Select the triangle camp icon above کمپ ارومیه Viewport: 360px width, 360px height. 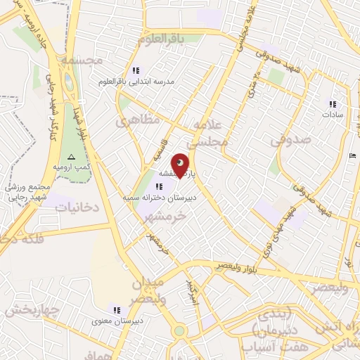pyautogui.click(x=70, y=156)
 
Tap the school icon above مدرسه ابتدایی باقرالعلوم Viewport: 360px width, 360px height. pyautogui.click(x=136, y=70)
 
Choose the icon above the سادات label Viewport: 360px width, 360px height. pyautogui.click(x=332, y=105)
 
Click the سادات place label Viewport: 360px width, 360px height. pyautogui.click(x=332, y=117)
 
